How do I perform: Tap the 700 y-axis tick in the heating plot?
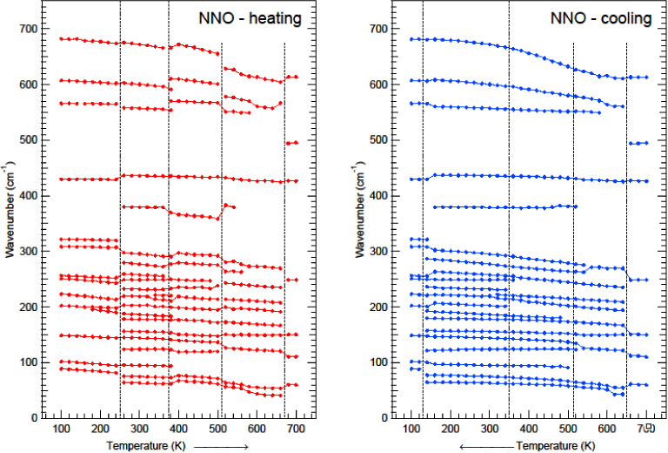tap(30, 29)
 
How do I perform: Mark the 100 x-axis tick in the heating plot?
tap(61, 430)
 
